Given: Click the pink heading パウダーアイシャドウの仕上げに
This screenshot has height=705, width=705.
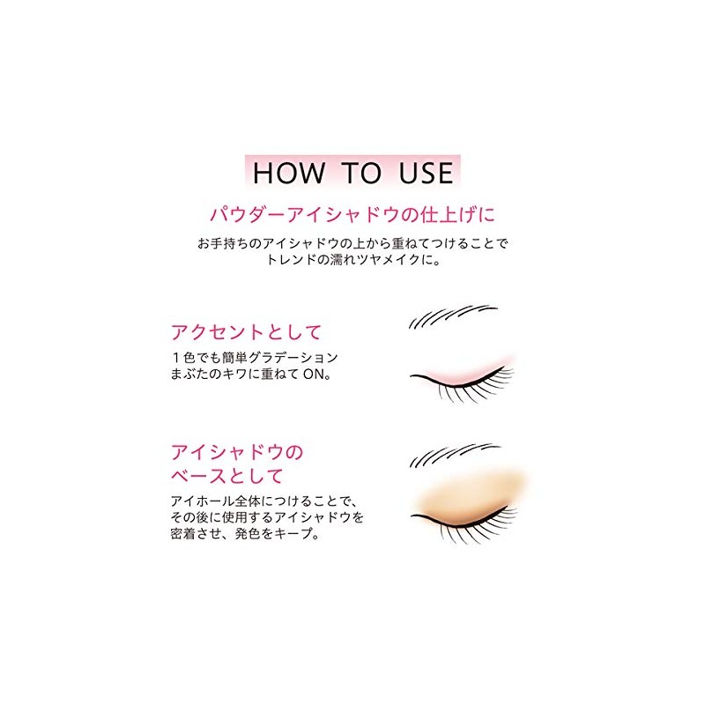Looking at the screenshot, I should point(352,214).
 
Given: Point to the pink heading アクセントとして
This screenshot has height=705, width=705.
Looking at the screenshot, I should point(246,332).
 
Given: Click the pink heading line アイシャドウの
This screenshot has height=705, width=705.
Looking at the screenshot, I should point(237,454).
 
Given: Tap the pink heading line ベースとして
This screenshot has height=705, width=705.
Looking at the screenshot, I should point(227,478).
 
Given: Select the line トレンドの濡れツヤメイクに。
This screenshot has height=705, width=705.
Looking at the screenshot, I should point(352,261).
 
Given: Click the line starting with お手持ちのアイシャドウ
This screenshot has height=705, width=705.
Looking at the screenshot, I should point(352,242).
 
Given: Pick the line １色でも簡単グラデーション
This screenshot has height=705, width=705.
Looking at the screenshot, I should point(255,357).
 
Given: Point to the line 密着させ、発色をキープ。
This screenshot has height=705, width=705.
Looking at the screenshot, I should point(243,534).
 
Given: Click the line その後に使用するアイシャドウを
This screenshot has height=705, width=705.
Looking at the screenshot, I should point(267,517).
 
